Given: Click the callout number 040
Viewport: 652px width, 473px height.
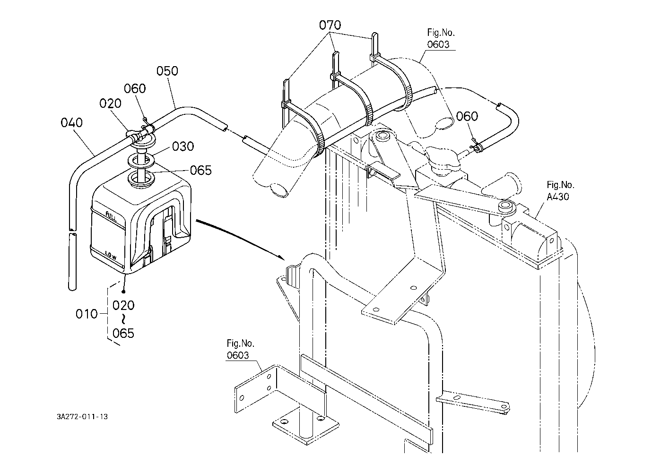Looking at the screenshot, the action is (71, 123).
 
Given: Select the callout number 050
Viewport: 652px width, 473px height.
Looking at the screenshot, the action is (167, 71).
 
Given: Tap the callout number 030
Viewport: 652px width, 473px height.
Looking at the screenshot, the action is (183, 146).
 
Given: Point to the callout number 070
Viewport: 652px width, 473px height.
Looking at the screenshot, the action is (330, 26).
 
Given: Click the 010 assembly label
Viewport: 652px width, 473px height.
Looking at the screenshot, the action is (87, 314).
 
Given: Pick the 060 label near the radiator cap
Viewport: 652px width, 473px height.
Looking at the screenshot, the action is (467, 116).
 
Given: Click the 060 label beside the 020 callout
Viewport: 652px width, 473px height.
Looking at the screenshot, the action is (135, 88).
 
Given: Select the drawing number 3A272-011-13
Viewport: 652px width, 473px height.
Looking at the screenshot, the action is (82, 417).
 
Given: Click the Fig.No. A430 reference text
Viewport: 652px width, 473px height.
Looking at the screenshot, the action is (560, 191).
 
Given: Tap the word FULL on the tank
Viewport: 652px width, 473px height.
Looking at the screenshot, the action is (112, 217).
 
